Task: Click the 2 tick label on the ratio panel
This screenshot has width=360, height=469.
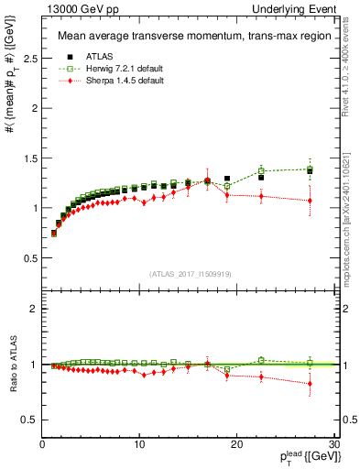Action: (32, 310)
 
